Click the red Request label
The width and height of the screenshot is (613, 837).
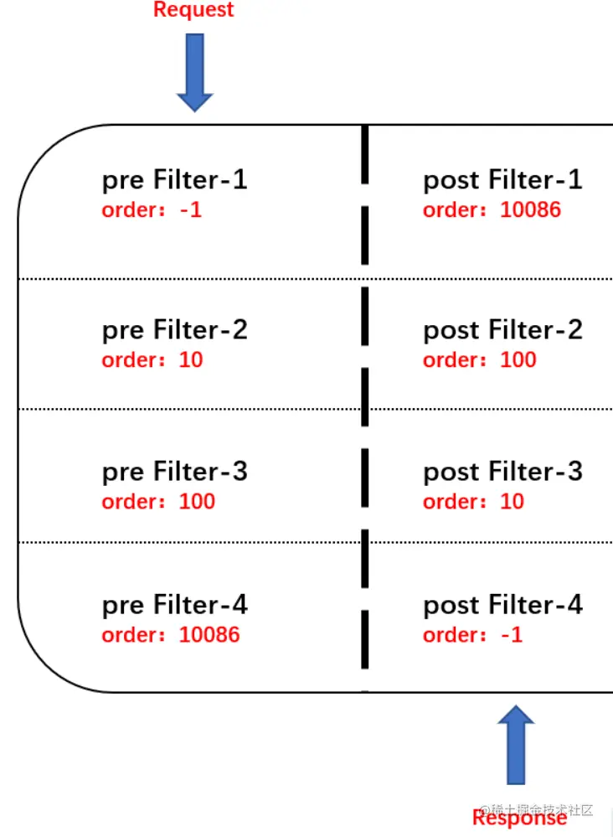click(x=193, y=11)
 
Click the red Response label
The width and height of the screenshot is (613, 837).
click(x=519, y=818)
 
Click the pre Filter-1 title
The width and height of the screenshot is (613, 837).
click(x=174, y=180)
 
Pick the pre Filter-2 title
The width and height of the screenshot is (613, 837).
click(x=174, y=330)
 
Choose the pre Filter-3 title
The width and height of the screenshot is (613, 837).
click(x=174, y=472)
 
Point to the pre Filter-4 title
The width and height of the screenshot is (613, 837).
click(x=174, y=605)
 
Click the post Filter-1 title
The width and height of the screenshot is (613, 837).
click(x=502, y=180)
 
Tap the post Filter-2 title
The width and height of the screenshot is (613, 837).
click(x=502, y=330)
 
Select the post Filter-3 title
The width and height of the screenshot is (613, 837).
click(x=502, y=472)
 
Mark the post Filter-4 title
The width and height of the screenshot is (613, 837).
click(x=502, y=605)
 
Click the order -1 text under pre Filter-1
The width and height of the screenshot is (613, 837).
click(x=152, y=209)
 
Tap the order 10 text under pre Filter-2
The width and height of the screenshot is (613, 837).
click(x=152, y=360)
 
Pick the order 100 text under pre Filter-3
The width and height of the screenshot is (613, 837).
click(x=158, y=502)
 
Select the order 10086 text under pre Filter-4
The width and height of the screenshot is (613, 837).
click(x=171, y=635)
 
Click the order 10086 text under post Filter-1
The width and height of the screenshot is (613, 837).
click(x=492, y=209)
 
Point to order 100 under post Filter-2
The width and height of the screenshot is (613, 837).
click(x=479, y=360)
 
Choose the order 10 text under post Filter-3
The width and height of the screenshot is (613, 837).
click(x=473, y=502)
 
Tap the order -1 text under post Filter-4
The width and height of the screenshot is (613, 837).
click(x=472, y=635)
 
